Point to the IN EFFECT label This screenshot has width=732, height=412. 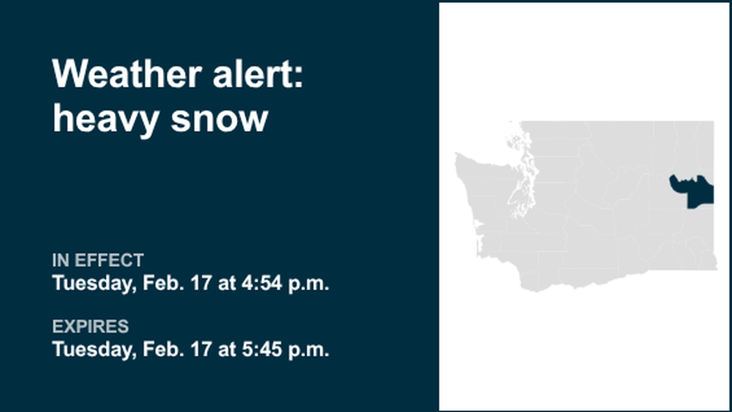point(98,260)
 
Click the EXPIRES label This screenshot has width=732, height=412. point(90,327)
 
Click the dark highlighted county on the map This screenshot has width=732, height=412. point(696,192)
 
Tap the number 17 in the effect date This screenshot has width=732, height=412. point(200,283)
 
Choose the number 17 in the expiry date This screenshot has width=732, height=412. point(200,350)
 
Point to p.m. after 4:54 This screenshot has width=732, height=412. point(311,283)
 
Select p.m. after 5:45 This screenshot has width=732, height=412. point(311,350)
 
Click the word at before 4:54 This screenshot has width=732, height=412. point(227,283)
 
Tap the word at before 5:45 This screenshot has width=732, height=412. point(227,350)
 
